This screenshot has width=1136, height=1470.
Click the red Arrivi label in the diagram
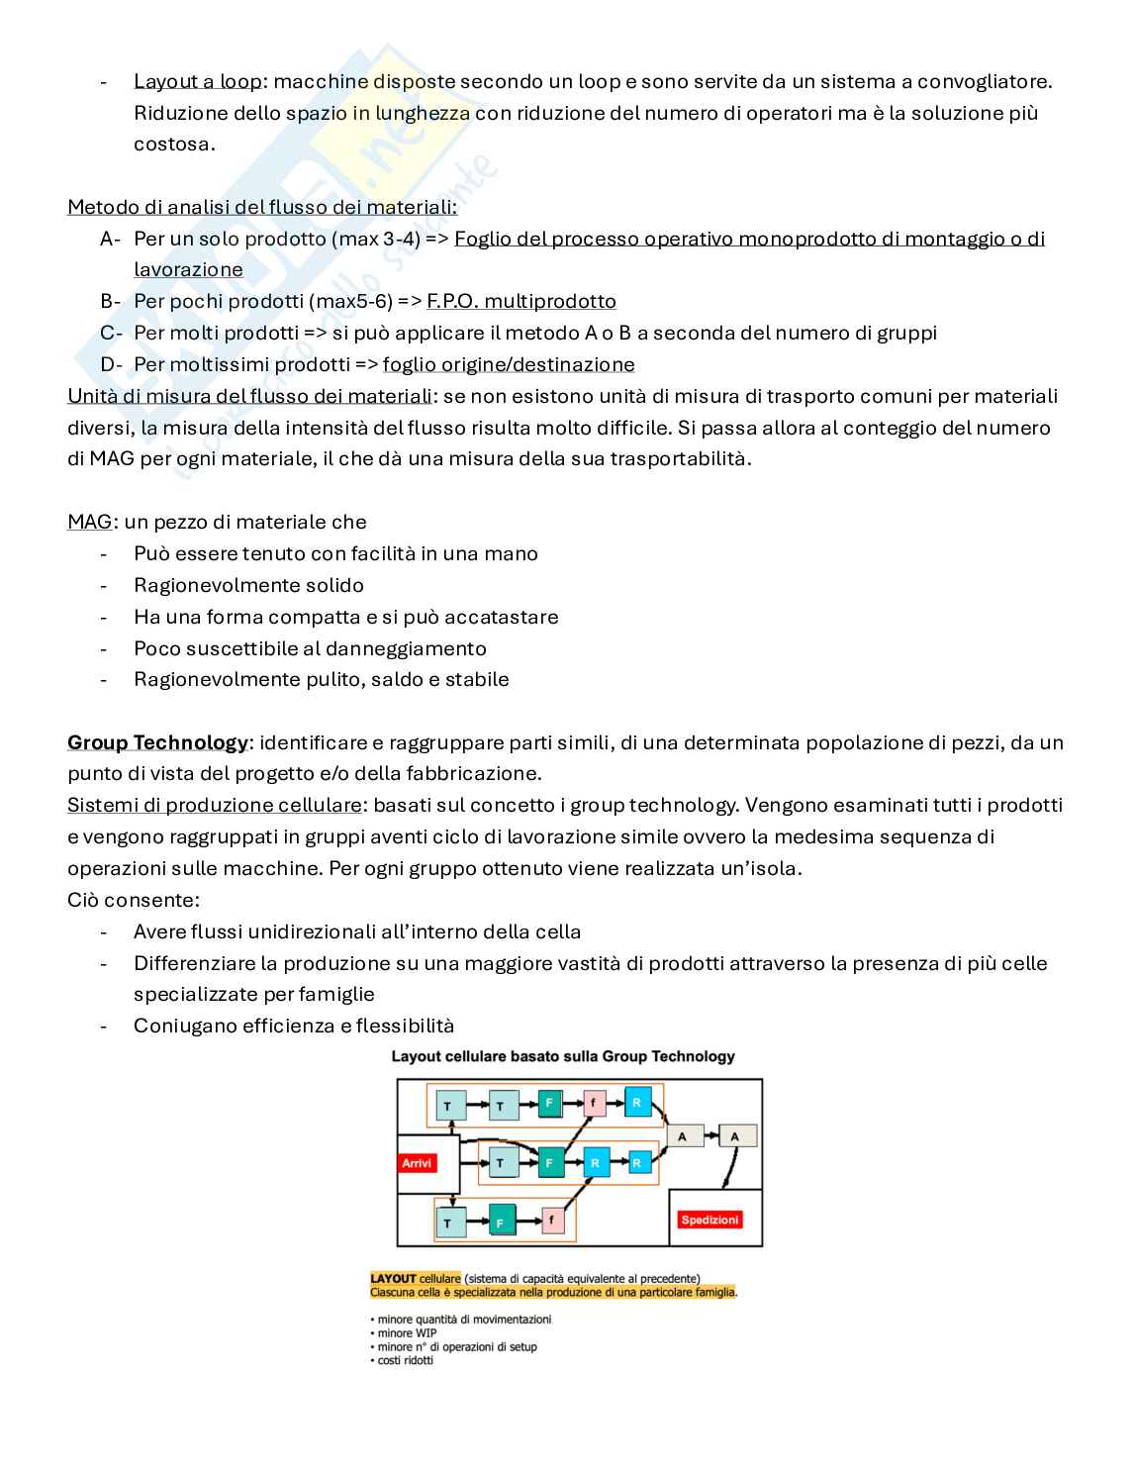tap(417, 1163)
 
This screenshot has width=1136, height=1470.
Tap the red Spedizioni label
tap(710, 1220)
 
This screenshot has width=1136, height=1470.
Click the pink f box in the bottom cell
tap(551, 1219)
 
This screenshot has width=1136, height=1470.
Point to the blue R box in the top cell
tap(636, 1102)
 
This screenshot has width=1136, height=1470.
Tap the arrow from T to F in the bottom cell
tap(476, 1222)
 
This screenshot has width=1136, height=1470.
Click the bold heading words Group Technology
tap(157, 742)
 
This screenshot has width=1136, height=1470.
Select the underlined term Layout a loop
tap(198, 81)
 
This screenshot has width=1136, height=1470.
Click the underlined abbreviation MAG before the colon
tap(89, 522)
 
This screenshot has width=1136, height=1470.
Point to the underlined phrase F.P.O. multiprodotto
tap(521, 301)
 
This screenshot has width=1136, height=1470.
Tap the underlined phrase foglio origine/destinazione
tap(509, 364)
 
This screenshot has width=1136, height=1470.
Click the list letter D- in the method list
tap(111, 364)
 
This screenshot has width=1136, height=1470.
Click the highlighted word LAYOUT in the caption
tap(393, 1278)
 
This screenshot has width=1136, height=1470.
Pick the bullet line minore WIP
tap(407, 1332)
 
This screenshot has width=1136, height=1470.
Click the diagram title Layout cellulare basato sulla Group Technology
tap(563, 1056)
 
